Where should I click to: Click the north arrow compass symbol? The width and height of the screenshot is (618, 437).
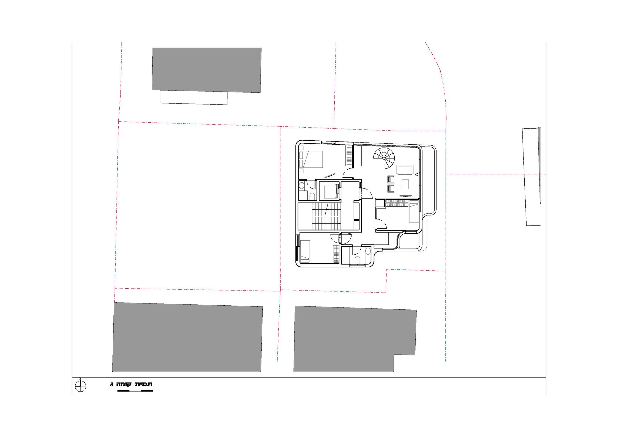81,386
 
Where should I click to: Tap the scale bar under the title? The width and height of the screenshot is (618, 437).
135,391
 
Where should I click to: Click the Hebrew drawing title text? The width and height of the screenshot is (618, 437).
131,384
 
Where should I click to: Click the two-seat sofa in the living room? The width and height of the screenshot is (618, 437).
405,170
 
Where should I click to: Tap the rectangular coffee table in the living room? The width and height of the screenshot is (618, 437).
405,184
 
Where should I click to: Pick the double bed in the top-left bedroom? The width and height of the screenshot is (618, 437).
311,159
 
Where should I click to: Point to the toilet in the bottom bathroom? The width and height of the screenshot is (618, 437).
357,260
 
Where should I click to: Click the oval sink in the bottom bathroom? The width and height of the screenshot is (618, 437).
368,251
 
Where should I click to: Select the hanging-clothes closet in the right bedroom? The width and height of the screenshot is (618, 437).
396,203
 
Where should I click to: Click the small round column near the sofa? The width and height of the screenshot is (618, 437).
417,174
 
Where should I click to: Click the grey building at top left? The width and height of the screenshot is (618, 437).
206,70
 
